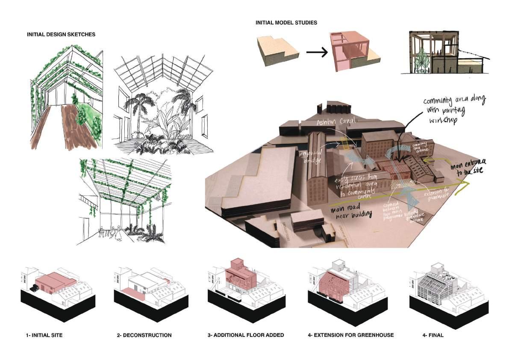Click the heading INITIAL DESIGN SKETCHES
click(x=61, y=34)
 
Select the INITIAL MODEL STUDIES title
click(x=286, y=22)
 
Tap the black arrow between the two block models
click(x=316, y=53)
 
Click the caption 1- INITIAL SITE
click(x=44, y=335)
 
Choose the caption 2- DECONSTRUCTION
click(x=144, y=335)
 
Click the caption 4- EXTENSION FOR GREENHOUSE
click(x=350, y=335)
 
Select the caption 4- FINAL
click(x=433, y=335)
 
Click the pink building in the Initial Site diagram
click(x=55, y=283)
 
